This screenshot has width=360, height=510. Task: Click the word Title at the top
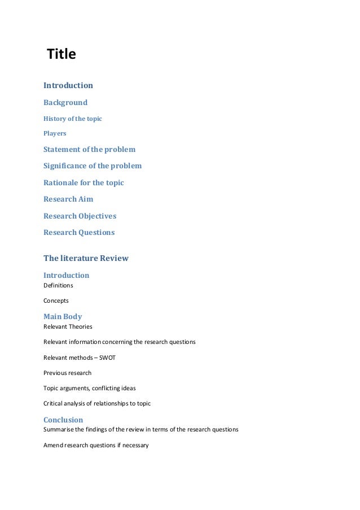pyautogui.click(x=61, y=55)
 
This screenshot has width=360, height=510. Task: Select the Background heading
pyautogui.click(x=65, y=103)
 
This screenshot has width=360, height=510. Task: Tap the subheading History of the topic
pyautogui.click(x=73, y=119)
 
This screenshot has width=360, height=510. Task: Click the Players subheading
pyautogui.click(x=55, y=134)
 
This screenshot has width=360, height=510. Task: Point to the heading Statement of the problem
pyautogui.click(x=89, y=150)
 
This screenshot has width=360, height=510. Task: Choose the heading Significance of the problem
pyautogui.click(x=93, y=166)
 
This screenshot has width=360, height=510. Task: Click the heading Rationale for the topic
pyautogui.click(x=84, y=182)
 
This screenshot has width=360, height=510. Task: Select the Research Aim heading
pyautogui.click(x=68, y=199)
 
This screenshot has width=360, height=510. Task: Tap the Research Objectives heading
pyautogui.click(x=80, y=216)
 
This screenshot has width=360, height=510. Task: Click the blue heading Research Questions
pyautogui.click(x=79, y=232)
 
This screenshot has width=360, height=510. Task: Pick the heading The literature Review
pyautogui.click(x=86, y=258)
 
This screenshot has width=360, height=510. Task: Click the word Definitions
pyautogui.click(x=58, y=285)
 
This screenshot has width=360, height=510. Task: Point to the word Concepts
pyautogui.click(x=56, y=300)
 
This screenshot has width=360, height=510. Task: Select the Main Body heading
pyautogui.click(x=63, y=316)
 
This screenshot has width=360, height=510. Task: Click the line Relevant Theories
pyautogui.click(x=68, y=326)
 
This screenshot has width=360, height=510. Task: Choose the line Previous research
pyautogui.click(x=67, y=373)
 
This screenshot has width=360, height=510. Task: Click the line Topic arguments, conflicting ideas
pyautogui.click(x=90, y=388)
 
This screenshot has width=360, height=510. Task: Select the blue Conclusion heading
pyautogui.click(x=63, y=420)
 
